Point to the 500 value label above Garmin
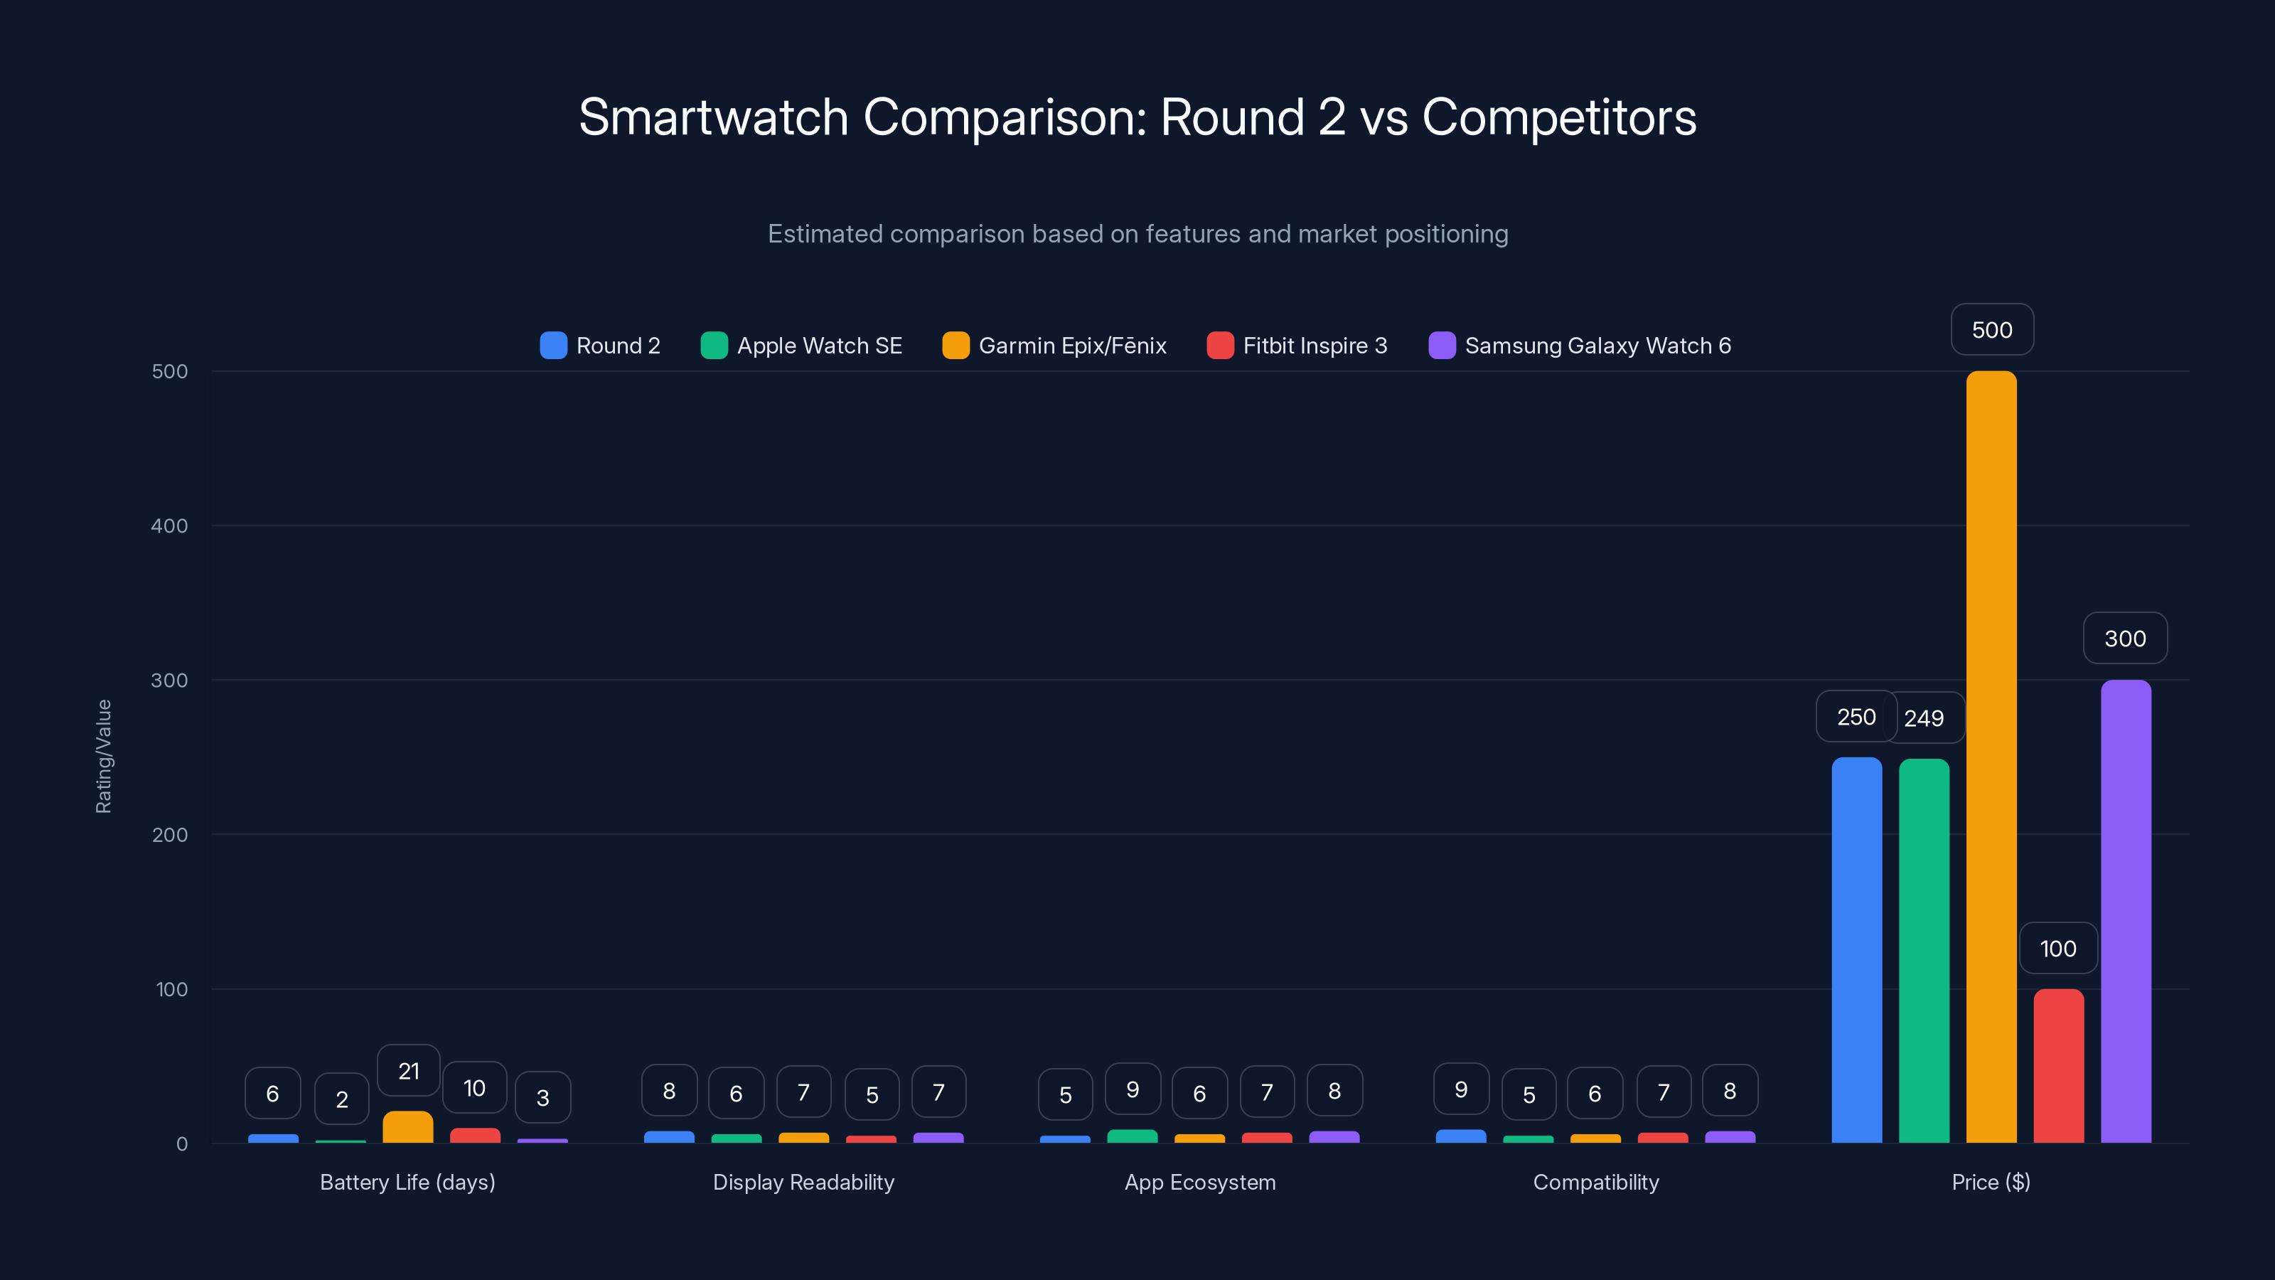pyautogui.click(x=1991, y=329)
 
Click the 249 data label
pyautogui.click(x=1924, y=718)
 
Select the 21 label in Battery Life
pyautogui.click(x=408, y=1071)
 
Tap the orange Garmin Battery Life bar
pyautogui.click(x=408, y=1127)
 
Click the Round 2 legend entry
pyautogui.click(x=601, y=346)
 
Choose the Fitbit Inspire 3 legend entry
pyautogui.click(x=1297, y=346)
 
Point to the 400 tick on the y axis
pyautogui.click(x=170, y=526)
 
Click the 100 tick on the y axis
pyautogui.click(x=171, y=989)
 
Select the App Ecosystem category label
pyautogui.click(x=1199, y=1182)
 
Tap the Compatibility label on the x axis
pyautogui.click(x=1596, y=1182)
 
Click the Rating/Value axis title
pyautogui.click(x=103, y=756)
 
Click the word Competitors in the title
pyautogui.click(x=1559, y=117)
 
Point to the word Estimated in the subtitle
pyautogui.click(x=824, y=234)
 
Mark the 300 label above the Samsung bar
pyautogui.click(x=2125, y=639)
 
